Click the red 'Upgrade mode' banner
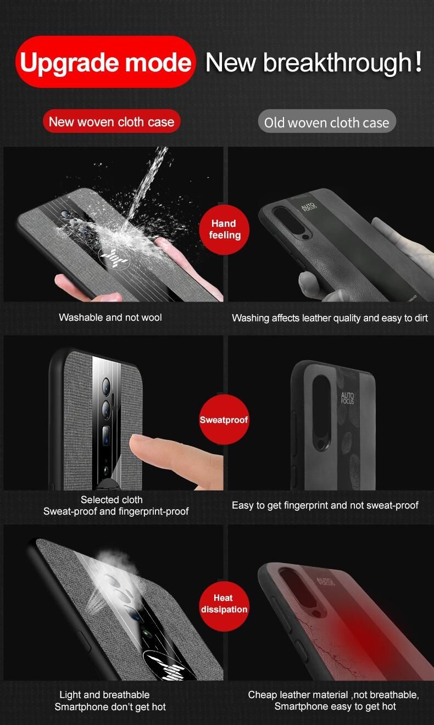coord(105,62)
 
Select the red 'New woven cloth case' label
coord(112,121)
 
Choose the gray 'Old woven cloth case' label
coord(327,122)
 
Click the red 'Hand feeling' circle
coord(224,229)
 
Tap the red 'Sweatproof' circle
coord(224,420)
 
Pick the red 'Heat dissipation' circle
coord(224,606)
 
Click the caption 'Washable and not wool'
coord(110,317)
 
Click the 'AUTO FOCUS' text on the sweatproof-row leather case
coord(347,398)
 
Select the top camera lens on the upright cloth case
coord(106,385)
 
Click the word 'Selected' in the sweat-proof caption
coord(94,499)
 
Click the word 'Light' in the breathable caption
coord(70,695)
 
